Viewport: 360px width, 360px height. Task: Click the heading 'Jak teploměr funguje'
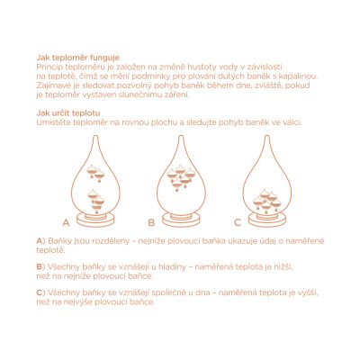click(78, 58)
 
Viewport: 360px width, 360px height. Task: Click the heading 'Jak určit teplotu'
click(68, 113)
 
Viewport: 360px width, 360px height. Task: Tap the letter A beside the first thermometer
click(67, 222)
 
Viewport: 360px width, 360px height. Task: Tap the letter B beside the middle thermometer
click(151, 222)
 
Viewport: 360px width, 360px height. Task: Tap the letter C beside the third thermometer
click(238, 222)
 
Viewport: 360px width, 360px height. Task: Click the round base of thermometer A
click(95, 220)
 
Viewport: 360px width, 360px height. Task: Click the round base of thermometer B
click(181, 220)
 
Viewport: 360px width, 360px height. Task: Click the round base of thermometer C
click(267, 220)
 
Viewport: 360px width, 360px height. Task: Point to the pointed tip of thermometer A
click(95, 136)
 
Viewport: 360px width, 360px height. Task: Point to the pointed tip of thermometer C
click(267, 136)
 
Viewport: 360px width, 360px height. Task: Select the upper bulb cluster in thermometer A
click(95, 174)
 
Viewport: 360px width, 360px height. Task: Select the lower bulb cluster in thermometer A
click(96, 201)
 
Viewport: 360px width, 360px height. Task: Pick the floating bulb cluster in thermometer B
click(181, 177)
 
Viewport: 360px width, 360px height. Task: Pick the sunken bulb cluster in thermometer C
click(267, 201)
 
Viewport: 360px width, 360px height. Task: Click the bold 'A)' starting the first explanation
click(40, 241)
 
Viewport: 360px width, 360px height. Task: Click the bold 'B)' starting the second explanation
click(40, 266)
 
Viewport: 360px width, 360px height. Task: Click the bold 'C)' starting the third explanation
click(40, 292)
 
